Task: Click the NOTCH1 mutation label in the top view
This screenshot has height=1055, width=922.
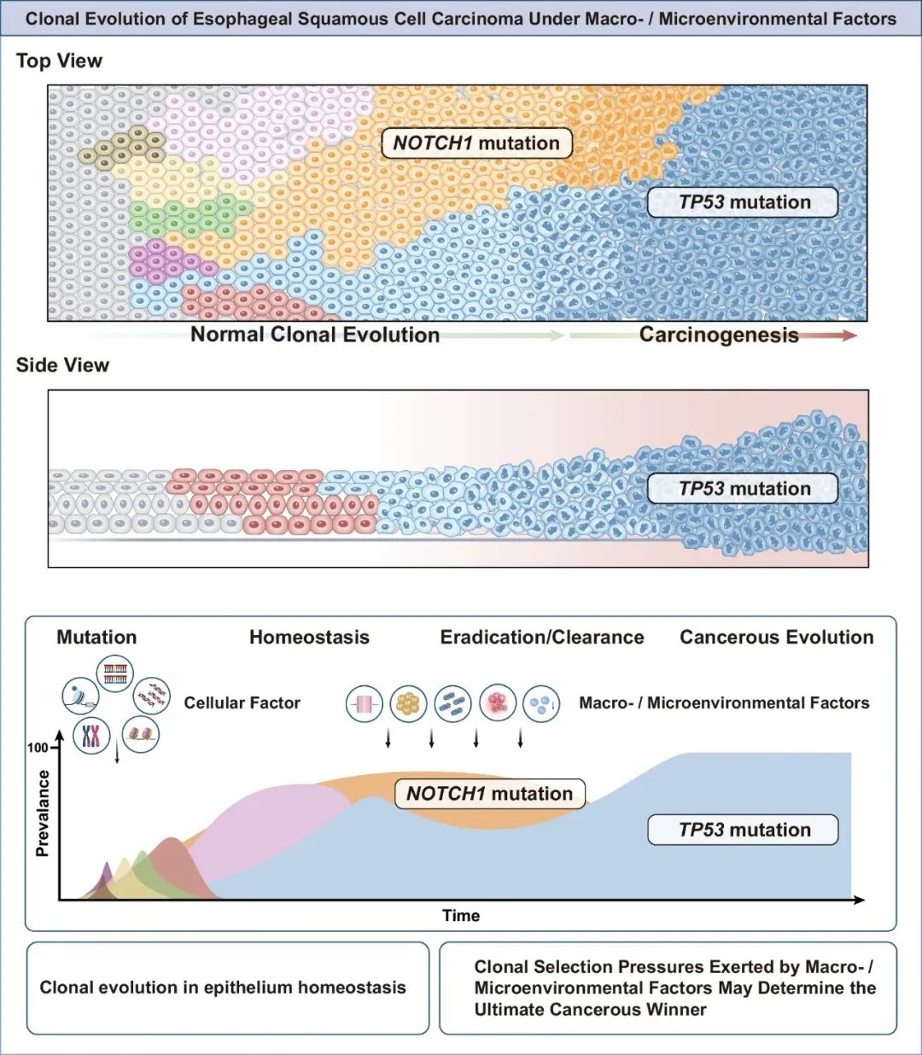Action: point(476,143)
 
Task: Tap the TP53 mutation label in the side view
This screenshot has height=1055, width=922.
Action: point(744,488)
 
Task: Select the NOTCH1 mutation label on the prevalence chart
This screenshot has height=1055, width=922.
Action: point(489,794)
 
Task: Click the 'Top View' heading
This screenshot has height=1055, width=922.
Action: point(59,61)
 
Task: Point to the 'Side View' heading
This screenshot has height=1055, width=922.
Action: point(62,365)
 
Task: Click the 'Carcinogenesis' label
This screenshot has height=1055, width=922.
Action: point(719,335)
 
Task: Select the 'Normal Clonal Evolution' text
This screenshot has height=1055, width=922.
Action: point(315,335)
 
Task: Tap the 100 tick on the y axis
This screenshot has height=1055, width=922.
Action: point(38,748)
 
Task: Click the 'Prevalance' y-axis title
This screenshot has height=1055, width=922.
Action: point(43,813)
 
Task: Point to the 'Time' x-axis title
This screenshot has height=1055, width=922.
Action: point(461,916)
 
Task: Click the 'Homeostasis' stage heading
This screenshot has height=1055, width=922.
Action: point(309,637)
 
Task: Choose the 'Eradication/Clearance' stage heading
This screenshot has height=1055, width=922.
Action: point(542,637)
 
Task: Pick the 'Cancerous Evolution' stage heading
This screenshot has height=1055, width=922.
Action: point(776,637)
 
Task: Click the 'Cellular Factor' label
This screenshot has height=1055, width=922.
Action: point(242,703)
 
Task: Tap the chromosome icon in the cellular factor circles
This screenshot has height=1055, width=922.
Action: point(91,734)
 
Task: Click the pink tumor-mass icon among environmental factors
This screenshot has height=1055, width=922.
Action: point(498,703)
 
